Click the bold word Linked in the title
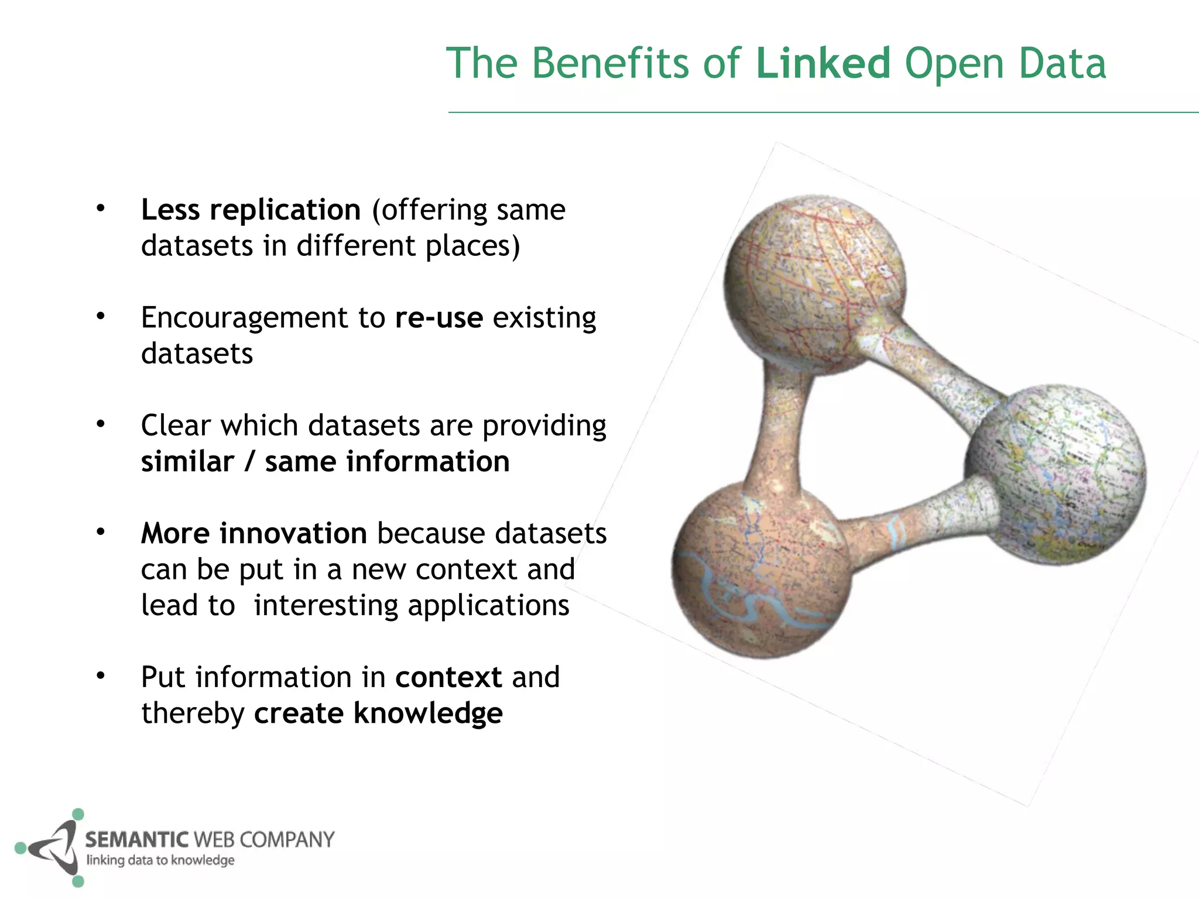[823, 63]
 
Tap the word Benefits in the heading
[610, 63]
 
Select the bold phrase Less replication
[251, 210]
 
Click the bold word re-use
[439, 318]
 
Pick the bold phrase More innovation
[253, 533]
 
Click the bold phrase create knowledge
[378, 713]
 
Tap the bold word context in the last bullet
[448, 677]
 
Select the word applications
[489, 605]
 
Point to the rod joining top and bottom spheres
[782, 427]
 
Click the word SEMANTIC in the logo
[136, 840]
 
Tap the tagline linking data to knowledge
[160, 860]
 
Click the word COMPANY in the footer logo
[287, 840]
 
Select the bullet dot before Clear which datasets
[101, 424]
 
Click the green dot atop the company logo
[78, 814]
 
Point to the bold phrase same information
[387, 462]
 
